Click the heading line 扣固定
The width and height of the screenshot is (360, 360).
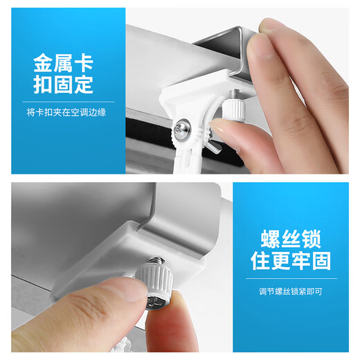pyautogui.click(x=62, y=87)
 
